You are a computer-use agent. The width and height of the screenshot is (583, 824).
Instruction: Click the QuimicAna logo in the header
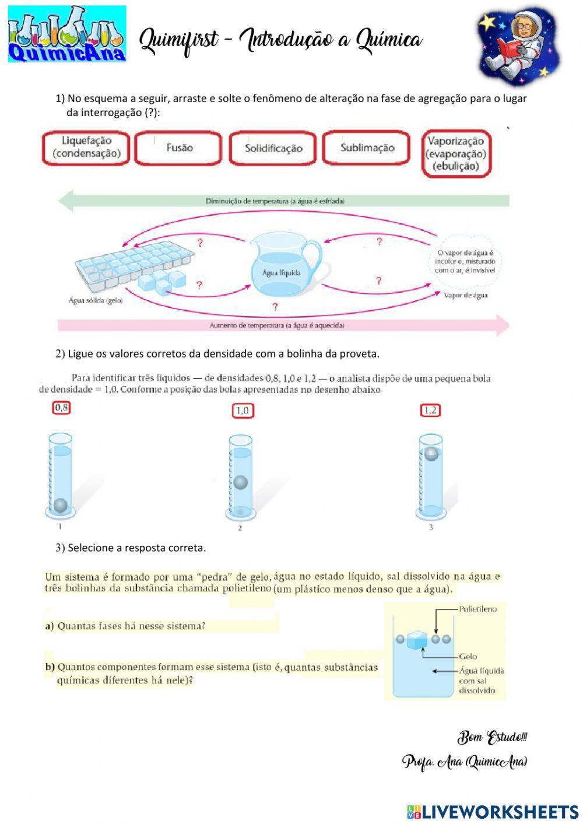[67, 34]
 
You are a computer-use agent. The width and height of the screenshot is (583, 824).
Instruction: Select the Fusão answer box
[178, 148]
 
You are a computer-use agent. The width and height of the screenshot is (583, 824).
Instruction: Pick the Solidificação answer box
[273, 148]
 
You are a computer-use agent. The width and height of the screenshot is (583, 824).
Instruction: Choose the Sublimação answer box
[367, 148]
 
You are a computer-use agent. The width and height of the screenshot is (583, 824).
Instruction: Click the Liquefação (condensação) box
[86, 148]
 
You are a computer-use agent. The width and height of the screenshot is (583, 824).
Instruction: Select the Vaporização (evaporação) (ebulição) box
[456, 153]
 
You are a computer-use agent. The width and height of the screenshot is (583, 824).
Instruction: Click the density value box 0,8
[61, 408]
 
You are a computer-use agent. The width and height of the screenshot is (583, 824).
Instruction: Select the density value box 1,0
[243, 411]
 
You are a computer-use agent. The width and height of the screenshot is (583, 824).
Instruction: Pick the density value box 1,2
[430, 411]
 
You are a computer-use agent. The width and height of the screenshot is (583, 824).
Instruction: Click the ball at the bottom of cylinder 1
[60, 505]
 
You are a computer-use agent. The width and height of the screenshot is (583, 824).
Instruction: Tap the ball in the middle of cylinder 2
[240, 482]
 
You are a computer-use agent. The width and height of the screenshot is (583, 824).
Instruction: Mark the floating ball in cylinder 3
[431, 454]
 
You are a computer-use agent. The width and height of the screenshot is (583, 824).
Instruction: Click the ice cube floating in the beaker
[417, 640]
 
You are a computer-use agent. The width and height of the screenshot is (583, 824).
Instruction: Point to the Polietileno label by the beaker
[477, 609]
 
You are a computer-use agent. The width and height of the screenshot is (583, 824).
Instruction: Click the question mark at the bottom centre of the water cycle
[275, 306]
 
